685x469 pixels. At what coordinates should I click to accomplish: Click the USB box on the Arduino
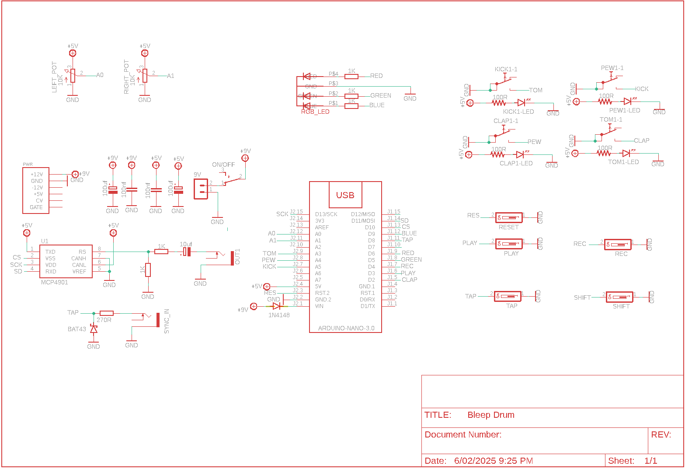[x=345, y=195]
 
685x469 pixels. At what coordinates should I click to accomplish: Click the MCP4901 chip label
[x=55, y=282]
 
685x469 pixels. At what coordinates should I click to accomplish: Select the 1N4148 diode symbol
[x=276, y=306]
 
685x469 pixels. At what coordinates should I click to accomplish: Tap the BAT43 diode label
[x=77, y=329]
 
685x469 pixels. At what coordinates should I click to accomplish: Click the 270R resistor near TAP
[x=107, y=313]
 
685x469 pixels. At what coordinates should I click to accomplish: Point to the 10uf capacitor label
[x=186, y=244]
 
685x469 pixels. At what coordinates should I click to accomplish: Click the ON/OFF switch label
[x=223, y=164]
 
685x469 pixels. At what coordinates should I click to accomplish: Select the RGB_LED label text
[x=315, y=112]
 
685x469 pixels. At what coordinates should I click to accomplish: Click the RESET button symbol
[x=509, y=217]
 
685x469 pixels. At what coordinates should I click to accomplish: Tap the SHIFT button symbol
[x=619, y=297]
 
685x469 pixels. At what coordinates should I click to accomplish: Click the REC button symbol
[x=618, y=245]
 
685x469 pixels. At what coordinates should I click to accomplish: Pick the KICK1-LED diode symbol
[x=522, y=103]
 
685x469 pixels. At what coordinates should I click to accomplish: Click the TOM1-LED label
[x=623, y=162]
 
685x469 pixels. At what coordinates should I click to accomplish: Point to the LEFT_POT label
[x=55, y=77]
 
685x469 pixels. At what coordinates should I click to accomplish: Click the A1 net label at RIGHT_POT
[x=170, y=76]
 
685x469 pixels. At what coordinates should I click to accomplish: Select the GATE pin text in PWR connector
[x=36, y=207]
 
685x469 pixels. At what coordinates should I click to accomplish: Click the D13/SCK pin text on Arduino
[x=326, y=214]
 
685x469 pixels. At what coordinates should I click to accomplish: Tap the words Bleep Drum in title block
[x=490, y=415]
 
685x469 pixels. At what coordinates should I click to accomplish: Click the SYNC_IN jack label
[x=167, y=322]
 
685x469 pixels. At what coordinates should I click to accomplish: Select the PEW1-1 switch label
[x=612, y=68]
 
